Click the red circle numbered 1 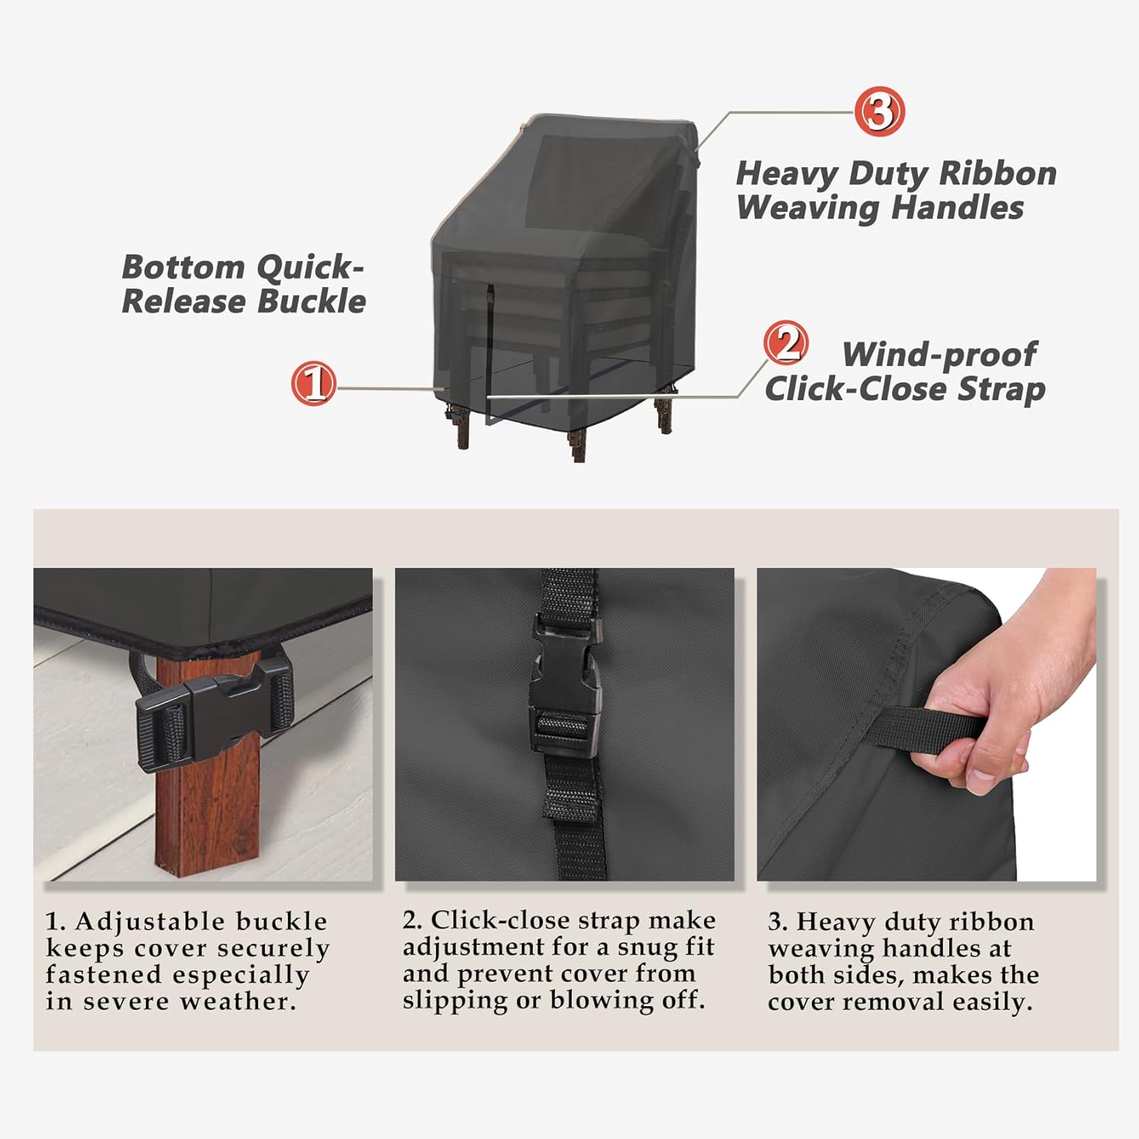314,383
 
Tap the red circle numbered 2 786,342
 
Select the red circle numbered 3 879,112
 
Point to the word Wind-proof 939,355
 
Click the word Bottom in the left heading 183,267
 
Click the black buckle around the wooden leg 213,707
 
